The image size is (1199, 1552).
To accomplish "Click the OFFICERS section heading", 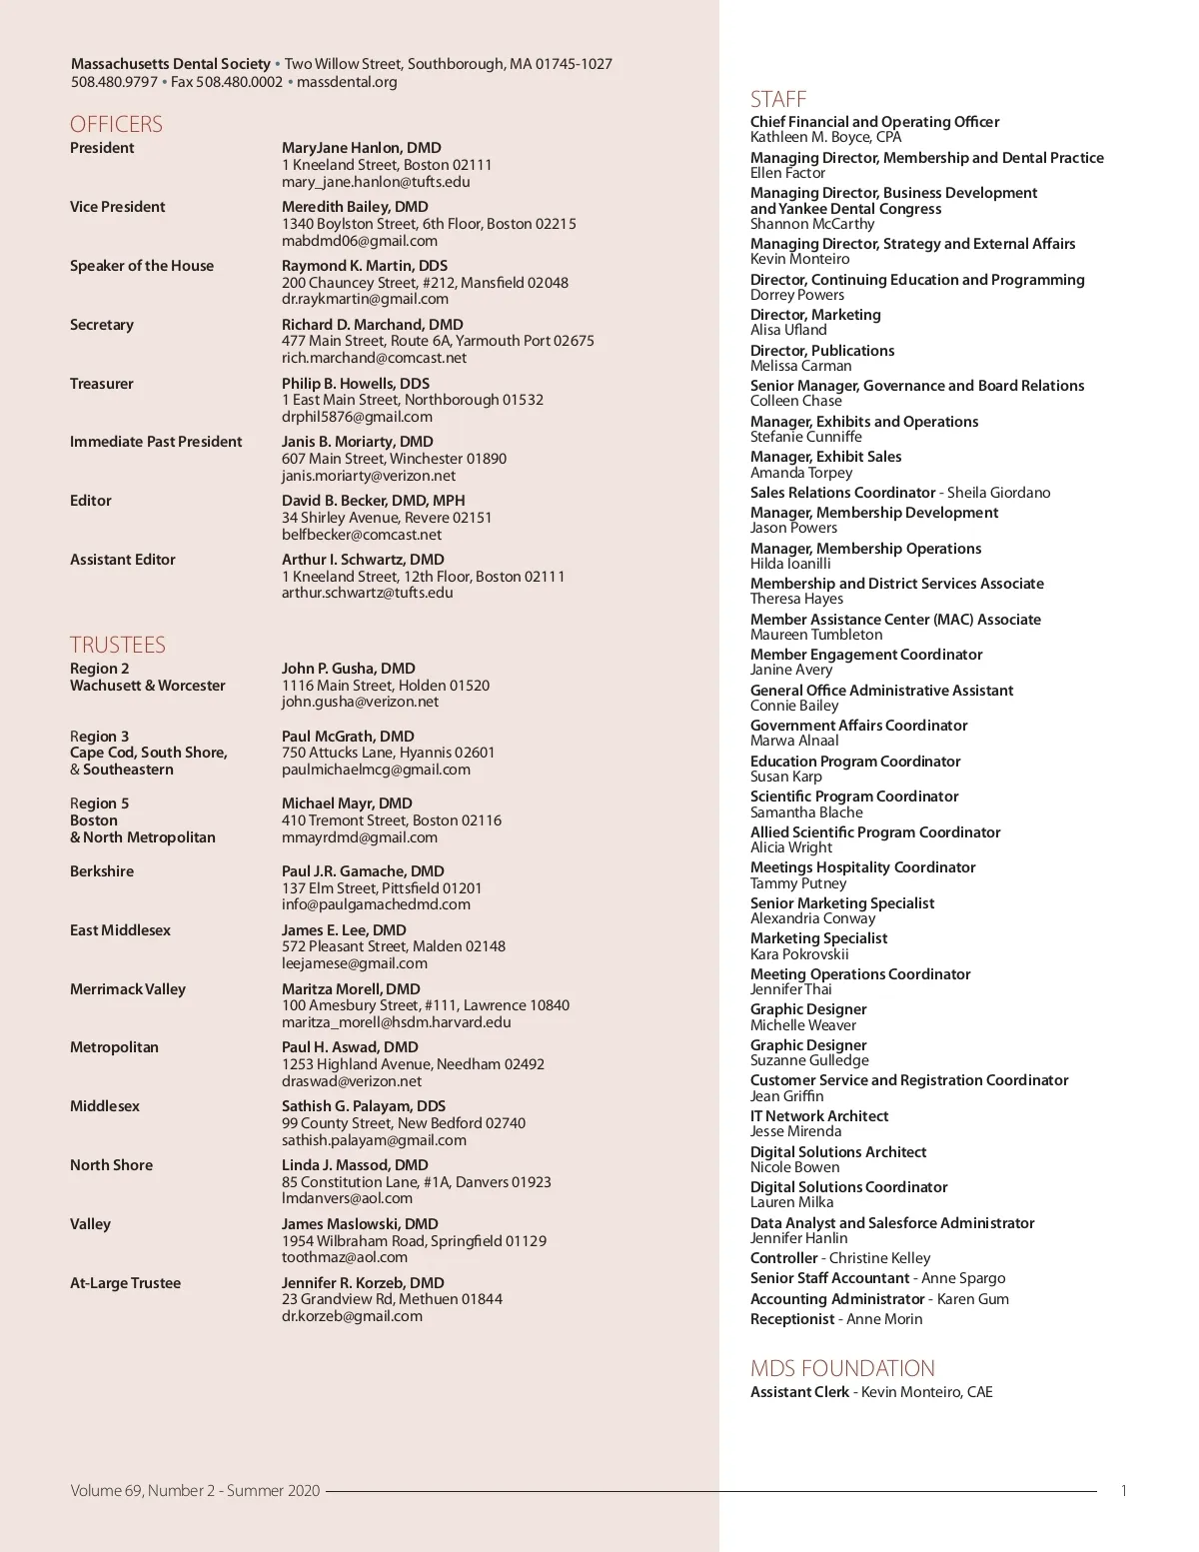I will point(116,124).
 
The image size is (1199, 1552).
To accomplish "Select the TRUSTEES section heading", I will point(118,645).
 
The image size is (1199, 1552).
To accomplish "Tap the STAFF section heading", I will point(778,99).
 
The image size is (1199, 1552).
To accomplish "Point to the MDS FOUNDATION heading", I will point(842,1368).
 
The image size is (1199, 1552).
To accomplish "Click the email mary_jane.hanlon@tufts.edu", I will point(376,182).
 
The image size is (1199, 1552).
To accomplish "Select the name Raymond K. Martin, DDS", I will point(365,266).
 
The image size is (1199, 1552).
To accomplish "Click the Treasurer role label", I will point(102,384).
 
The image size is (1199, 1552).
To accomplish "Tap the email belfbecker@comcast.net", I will point(362,535).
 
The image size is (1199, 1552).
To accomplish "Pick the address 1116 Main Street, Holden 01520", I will point(386,686).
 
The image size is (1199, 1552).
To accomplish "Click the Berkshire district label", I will point(102,871).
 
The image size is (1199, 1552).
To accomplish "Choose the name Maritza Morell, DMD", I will point(351,989).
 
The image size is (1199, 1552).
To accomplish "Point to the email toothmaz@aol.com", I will point(345,1257).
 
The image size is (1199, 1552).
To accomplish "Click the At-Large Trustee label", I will point(126,1283).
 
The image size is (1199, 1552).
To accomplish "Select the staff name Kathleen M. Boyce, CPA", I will point(826,137).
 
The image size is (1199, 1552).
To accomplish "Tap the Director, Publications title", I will point(822,351).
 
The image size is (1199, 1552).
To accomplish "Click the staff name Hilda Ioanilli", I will point(790,564).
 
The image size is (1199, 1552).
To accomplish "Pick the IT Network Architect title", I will point(819,1116).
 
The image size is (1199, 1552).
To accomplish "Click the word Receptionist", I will point(792,1319).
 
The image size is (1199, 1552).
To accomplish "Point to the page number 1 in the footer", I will point(1124,1491).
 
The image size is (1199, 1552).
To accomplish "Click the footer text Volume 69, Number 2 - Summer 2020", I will point(196,1491).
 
